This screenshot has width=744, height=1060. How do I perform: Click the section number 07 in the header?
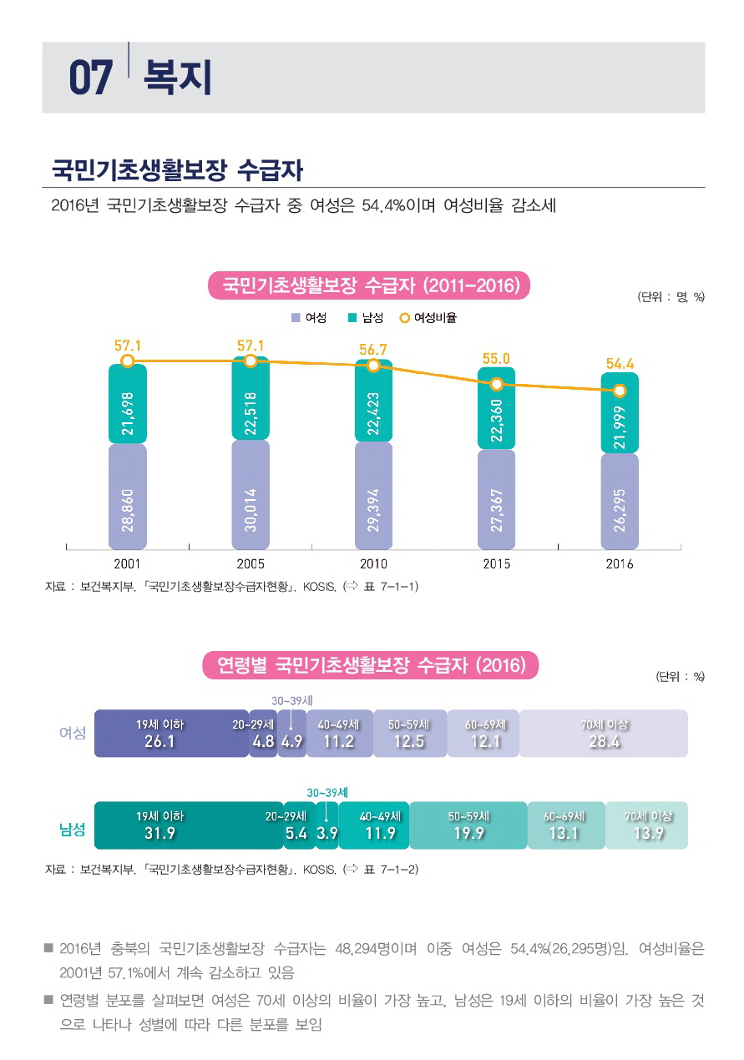coord(90,78)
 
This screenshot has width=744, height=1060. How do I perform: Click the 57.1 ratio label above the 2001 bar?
coord(127,344)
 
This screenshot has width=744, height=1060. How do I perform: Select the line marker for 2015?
coord(497,384)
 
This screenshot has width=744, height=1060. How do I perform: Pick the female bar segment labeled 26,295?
coord(620,501)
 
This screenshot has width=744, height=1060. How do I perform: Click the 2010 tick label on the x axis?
coord(373,564)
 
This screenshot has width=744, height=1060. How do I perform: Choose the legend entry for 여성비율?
coord(428,318)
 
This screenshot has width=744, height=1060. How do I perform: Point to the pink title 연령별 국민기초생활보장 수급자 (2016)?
coord(372,665)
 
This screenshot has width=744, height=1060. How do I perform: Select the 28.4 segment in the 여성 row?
coord(604,734)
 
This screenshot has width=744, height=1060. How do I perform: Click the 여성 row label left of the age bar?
coord(73,733)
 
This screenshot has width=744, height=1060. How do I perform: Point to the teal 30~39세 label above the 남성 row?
coord(327,791)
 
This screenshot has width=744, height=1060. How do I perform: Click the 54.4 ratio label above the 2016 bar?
coord(620,364)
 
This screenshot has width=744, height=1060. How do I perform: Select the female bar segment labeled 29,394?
coord(373,497)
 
